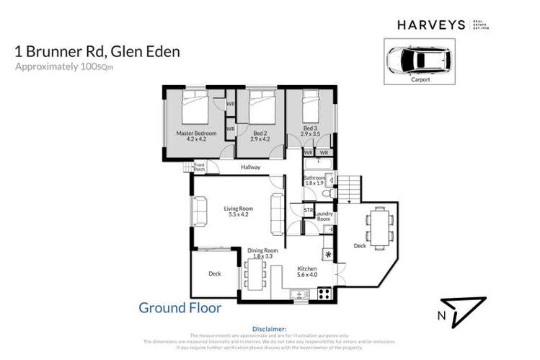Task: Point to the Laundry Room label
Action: pyautogui.click(x=324, y=215)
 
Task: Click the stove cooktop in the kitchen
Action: pyautogui.click(x=324, y=294)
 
